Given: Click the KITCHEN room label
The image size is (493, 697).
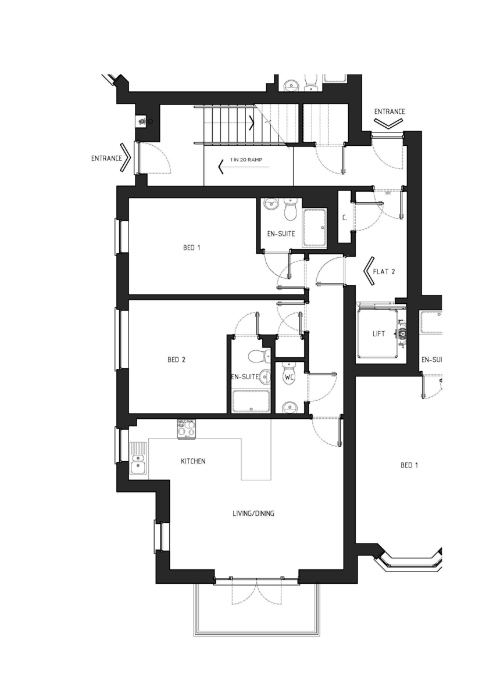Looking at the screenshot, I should [x=193, y=461].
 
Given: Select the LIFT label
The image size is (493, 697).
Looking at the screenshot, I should [x=379, y=334].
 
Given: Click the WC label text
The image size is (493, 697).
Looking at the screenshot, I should [x=289, y=378].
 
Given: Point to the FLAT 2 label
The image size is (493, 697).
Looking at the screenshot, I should [x=385, y=271].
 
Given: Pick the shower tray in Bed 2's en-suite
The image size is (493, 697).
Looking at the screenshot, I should [x=251, y=401].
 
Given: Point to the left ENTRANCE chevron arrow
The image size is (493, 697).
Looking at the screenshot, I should [x=125, y=157].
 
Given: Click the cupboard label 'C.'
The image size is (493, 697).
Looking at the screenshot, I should [x=345, y=218].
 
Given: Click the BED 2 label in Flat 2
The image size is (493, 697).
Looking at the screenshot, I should [x=176, y=360].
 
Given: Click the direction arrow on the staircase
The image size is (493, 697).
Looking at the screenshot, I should [x=252, y=123].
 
